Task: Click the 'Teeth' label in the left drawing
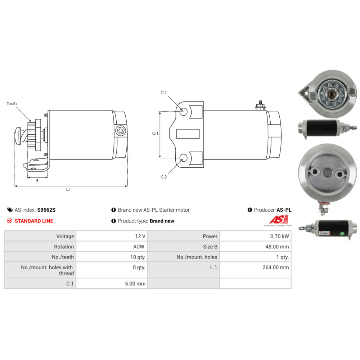(12, 104)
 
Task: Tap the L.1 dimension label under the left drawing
(68, 189)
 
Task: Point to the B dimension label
(37, 181)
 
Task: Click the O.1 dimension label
(155, 133)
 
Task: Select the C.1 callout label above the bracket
(163, 93)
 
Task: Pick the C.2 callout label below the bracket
(164, 177)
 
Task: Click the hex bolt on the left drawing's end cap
(120, 131)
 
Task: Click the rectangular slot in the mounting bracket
(188, 134)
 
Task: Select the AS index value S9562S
(46, 210)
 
